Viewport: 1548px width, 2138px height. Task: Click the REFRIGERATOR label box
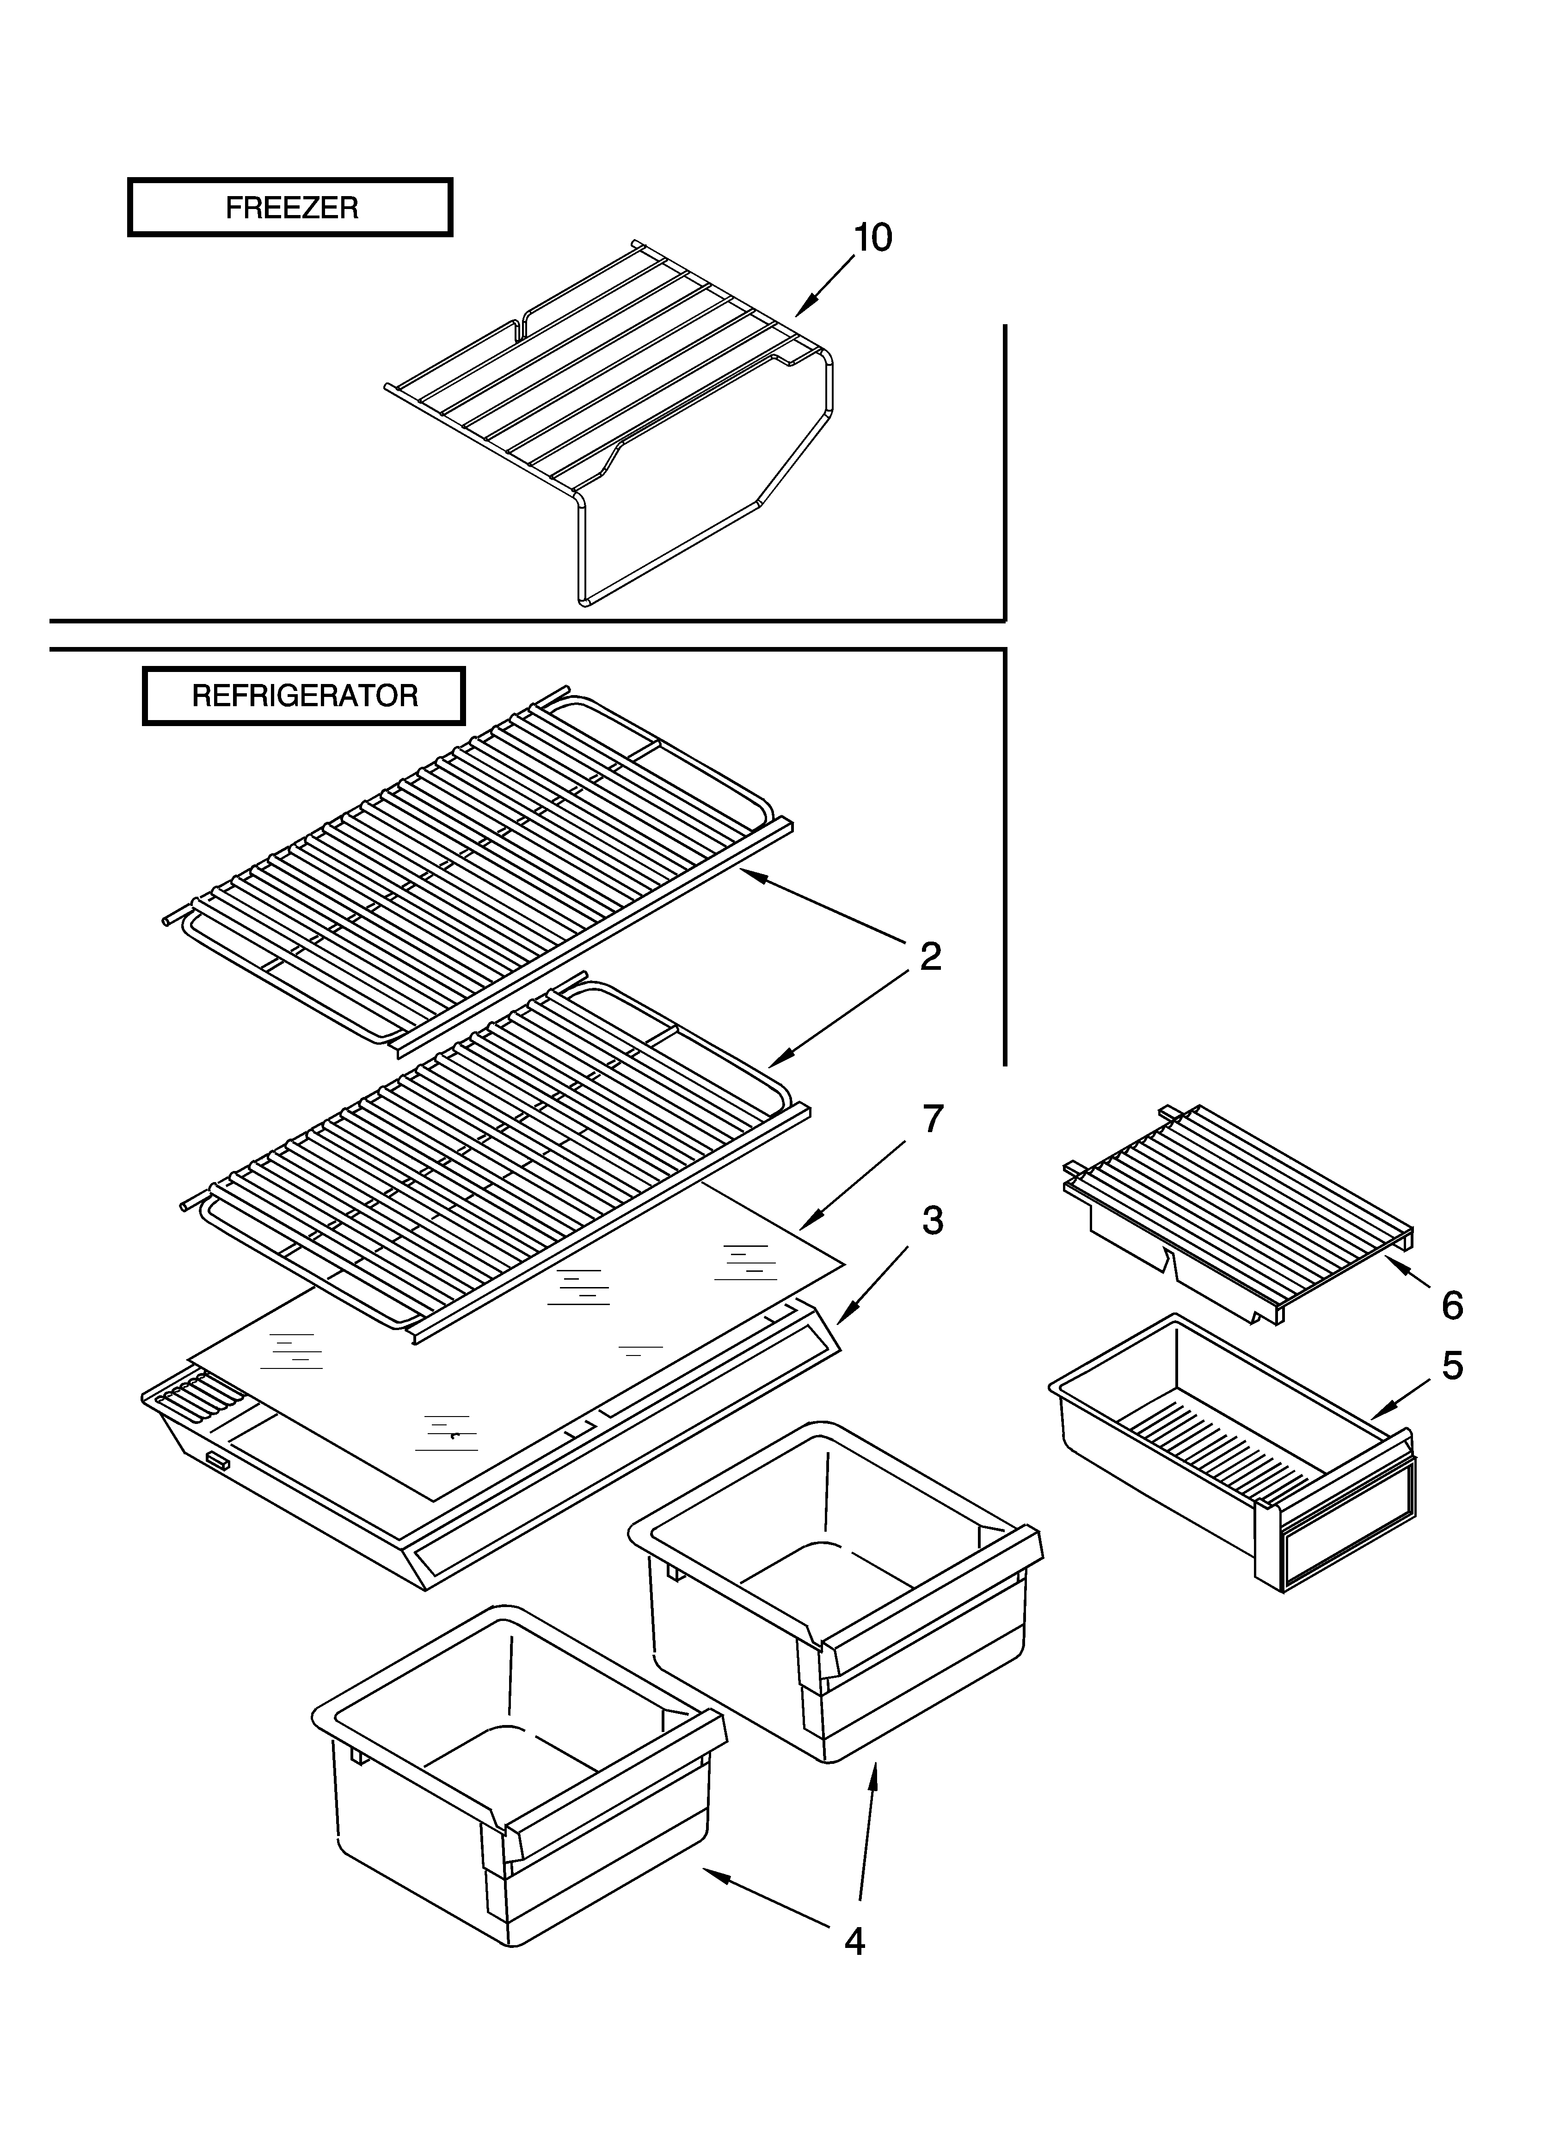click(x=304, y=696)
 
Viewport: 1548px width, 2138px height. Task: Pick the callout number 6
click(x=1452, y=1306)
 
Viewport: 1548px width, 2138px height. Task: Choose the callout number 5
click(x=1452, y=1365)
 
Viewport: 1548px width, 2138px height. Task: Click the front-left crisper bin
click(x=518, y=1772)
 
